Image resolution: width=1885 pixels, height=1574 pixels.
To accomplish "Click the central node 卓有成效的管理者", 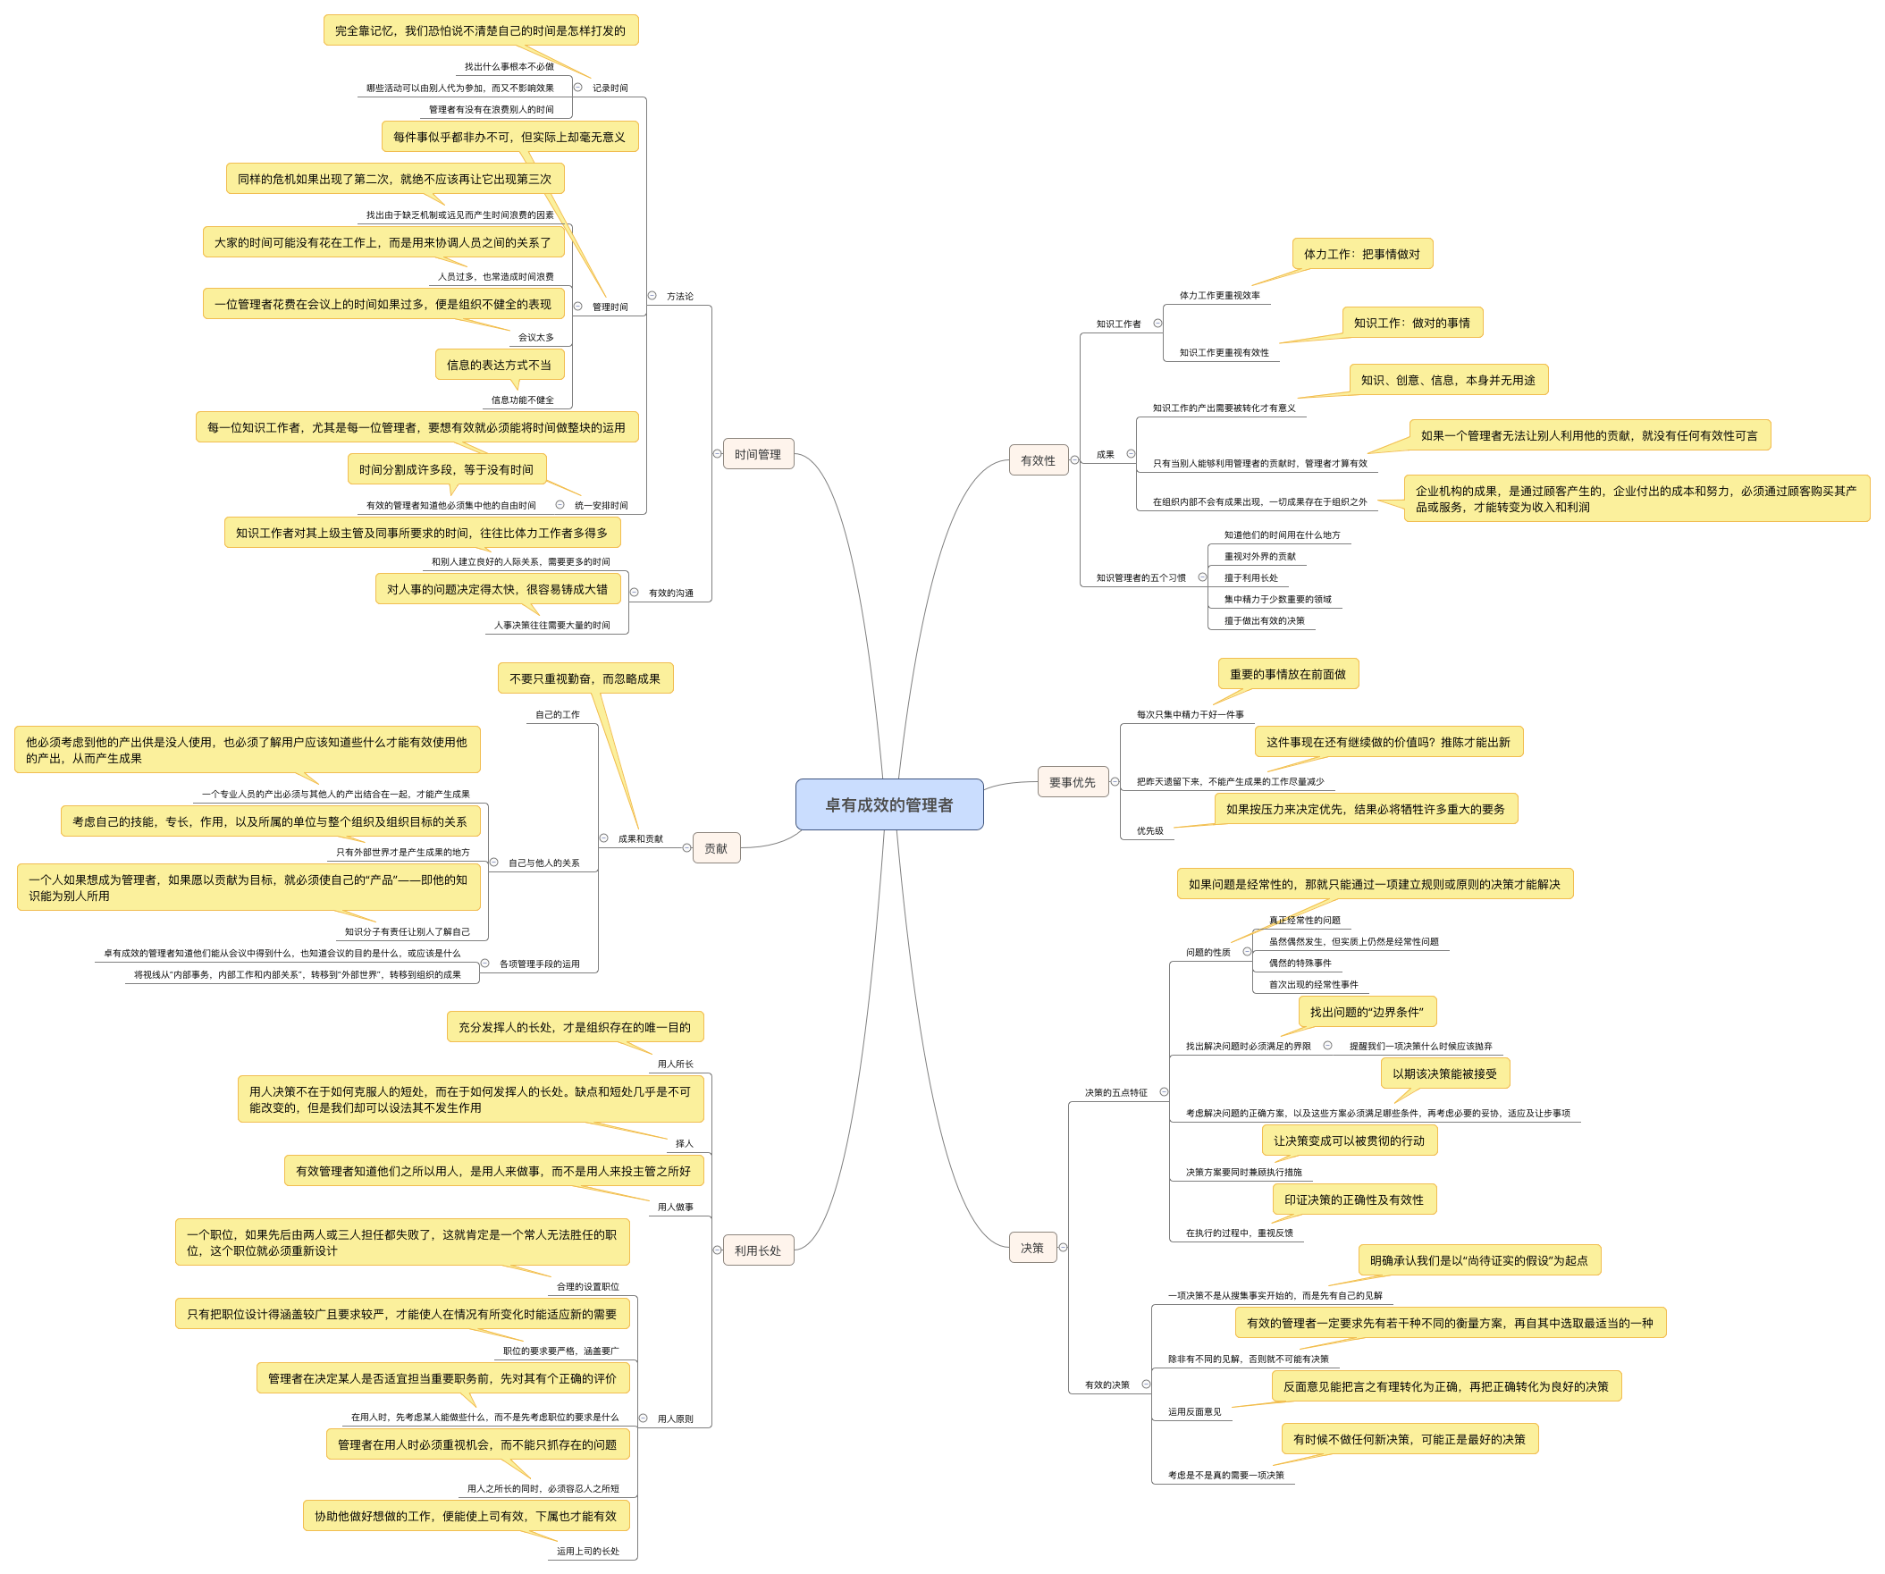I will tap(888, 804).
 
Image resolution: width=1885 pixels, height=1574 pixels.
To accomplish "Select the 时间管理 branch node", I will tap(757, 454).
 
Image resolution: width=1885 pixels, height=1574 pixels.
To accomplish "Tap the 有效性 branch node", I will tap(1038, 460).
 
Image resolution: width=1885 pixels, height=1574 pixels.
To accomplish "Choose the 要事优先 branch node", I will tap(1072, 782).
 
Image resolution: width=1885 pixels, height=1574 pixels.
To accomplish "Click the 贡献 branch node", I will tap(715, 848).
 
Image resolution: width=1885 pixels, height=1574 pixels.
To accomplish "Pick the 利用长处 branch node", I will tap(757, 1250).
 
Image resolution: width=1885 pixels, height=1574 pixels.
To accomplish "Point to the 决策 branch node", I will tap(1031, 1248).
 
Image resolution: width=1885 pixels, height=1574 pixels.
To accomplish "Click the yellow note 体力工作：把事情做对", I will tap(1362, 254).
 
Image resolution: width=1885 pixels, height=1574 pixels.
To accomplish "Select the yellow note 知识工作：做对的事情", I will tap(1412, 324).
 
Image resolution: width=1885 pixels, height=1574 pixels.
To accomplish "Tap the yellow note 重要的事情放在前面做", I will tap(1287, 674).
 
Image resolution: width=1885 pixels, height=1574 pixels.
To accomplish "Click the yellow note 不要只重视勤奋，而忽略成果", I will tap(585, 678).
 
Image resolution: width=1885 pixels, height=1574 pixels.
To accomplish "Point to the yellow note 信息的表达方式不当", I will tap(499, 366).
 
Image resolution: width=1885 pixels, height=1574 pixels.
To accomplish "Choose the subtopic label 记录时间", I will tap(610, 88).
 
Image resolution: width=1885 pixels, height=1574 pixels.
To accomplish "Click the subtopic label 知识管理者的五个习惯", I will tap(1140, 578).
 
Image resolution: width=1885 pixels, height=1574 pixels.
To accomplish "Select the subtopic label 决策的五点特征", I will tap(1115, 1093).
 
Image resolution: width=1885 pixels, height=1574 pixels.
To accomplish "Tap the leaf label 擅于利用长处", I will tap(1250, 578).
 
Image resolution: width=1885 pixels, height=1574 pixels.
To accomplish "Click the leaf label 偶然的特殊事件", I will tap(1300, 964).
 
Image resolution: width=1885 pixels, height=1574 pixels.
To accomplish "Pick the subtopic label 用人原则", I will tap(675, 1419).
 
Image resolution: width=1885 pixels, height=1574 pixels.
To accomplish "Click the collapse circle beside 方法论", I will tap(652, 296).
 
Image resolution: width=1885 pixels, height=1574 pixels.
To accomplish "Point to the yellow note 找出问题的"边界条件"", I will tap(1367, 1012).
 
